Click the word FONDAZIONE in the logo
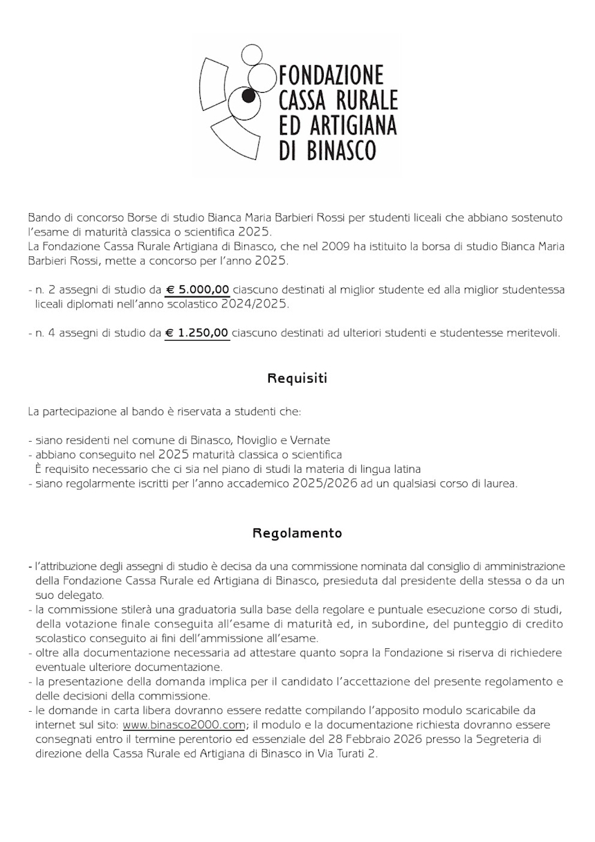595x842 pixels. pyautogui.click(x=330, y=75)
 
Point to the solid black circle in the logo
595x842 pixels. pyautogui.click(x=248, y=101)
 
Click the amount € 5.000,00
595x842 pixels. pyautogui.click(x=198, y=289)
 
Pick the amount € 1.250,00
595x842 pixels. pyautogui.click(x=198, y=333)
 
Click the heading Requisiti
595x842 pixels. pyautogui.click(x=297, y=379)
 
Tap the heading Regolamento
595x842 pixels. pyautogui.click(x=297, y=533)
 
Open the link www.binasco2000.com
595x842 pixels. pyautogui.click(x=184, y=725)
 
